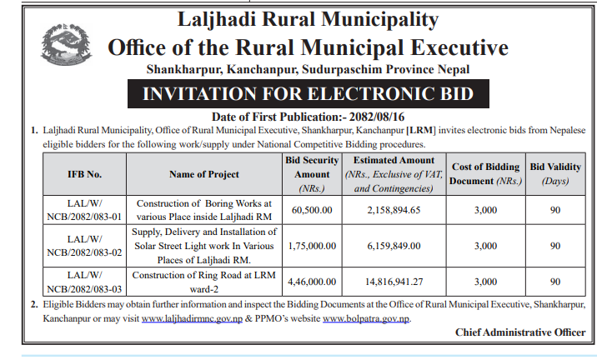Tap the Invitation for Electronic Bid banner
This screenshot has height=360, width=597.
coord(308,93)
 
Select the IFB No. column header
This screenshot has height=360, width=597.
coord(84,174)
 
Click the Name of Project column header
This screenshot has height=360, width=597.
coord(204,174)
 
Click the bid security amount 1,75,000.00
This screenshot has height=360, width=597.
coord(314,246)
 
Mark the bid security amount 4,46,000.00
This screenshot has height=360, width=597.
coord(314,282)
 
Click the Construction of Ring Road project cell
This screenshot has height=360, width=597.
coord(204,282)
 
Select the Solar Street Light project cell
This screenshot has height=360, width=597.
coord(204,246)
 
